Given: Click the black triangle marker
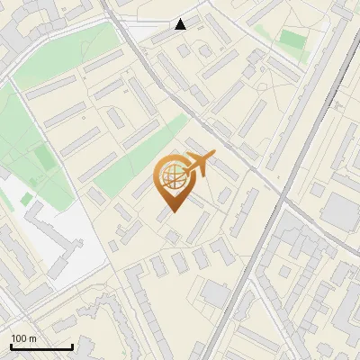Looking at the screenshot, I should click(x=181, y=24).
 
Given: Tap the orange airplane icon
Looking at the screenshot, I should click(x=200, y=164).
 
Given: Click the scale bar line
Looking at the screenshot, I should click(x=41, y=347).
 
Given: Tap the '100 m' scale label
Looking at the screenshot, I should click(x=24, y=338).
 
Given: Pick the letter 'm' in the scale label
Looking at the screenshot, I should click(x=33, y=338).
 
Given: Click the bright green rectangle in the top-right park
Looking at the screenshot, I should click(x=292, y=40).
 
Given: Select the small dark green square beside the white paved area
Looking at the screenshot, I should click(x=27, y=198).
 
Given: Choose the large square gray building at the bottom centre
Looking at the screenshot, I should click(x=215, y=293).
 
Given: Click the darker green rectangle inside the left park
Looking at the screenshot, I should click(x=45, y=158).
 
